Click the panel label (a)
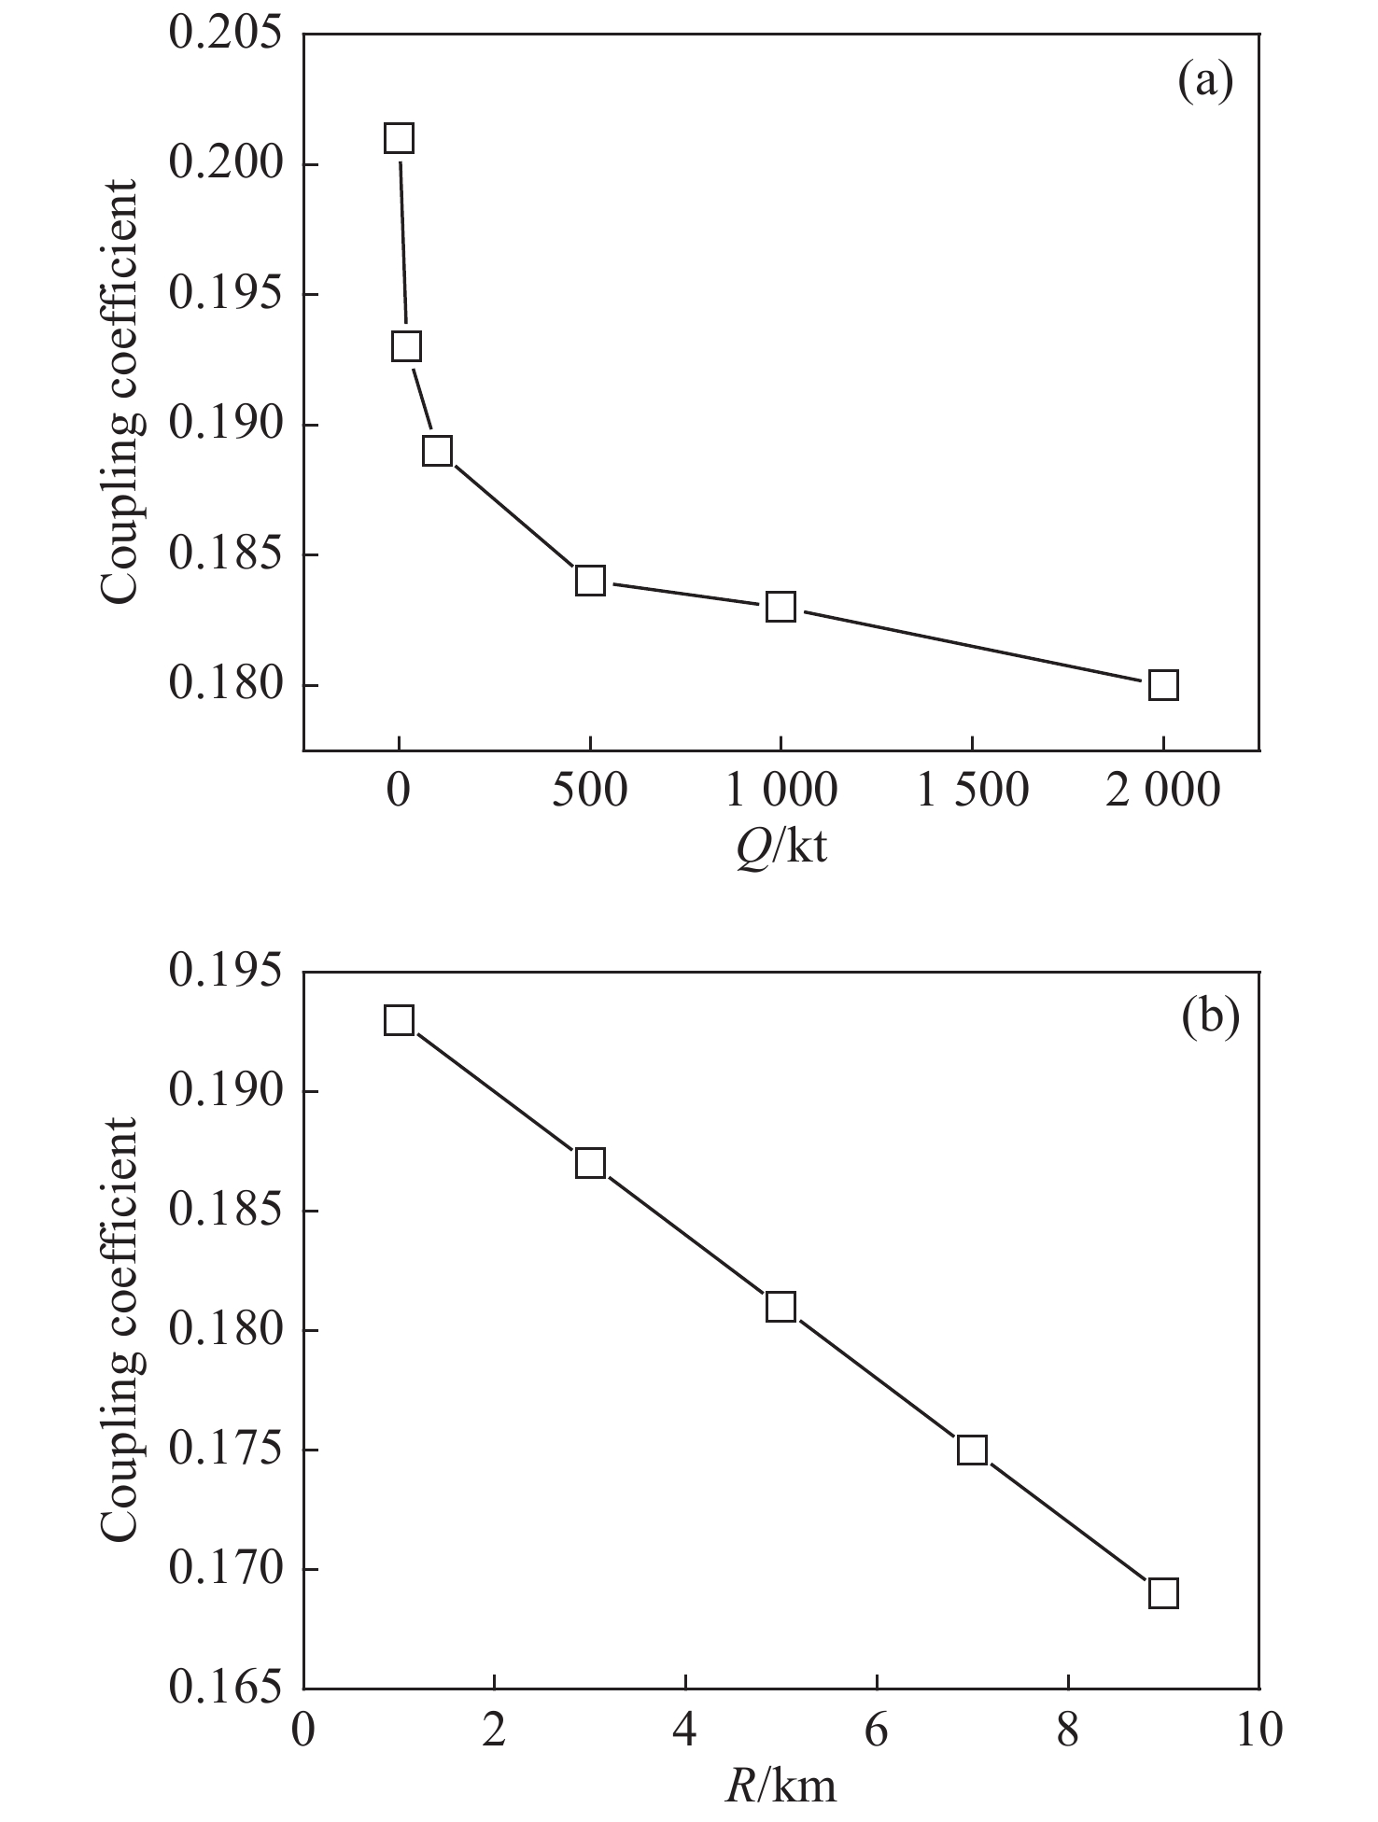[1205, 82]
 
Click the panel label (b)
[1210, 1017]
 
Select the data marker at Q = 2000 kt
[1163, 685]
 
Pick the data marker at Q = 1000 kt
[780, 607]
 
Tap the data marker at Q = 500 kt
[590, 581]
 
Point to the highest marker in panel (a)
[399, 139]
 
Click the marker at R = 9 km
[1163, 1592]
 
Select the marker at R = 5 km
[780, 1307]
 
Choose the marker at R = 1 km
[399, 1020]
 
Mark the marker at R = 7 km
[972, 1450]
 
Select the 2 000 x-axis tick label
[1163, 790]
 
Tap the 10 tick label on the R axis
[1258, 1730]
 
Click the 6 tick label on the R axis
[877, 1730]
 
